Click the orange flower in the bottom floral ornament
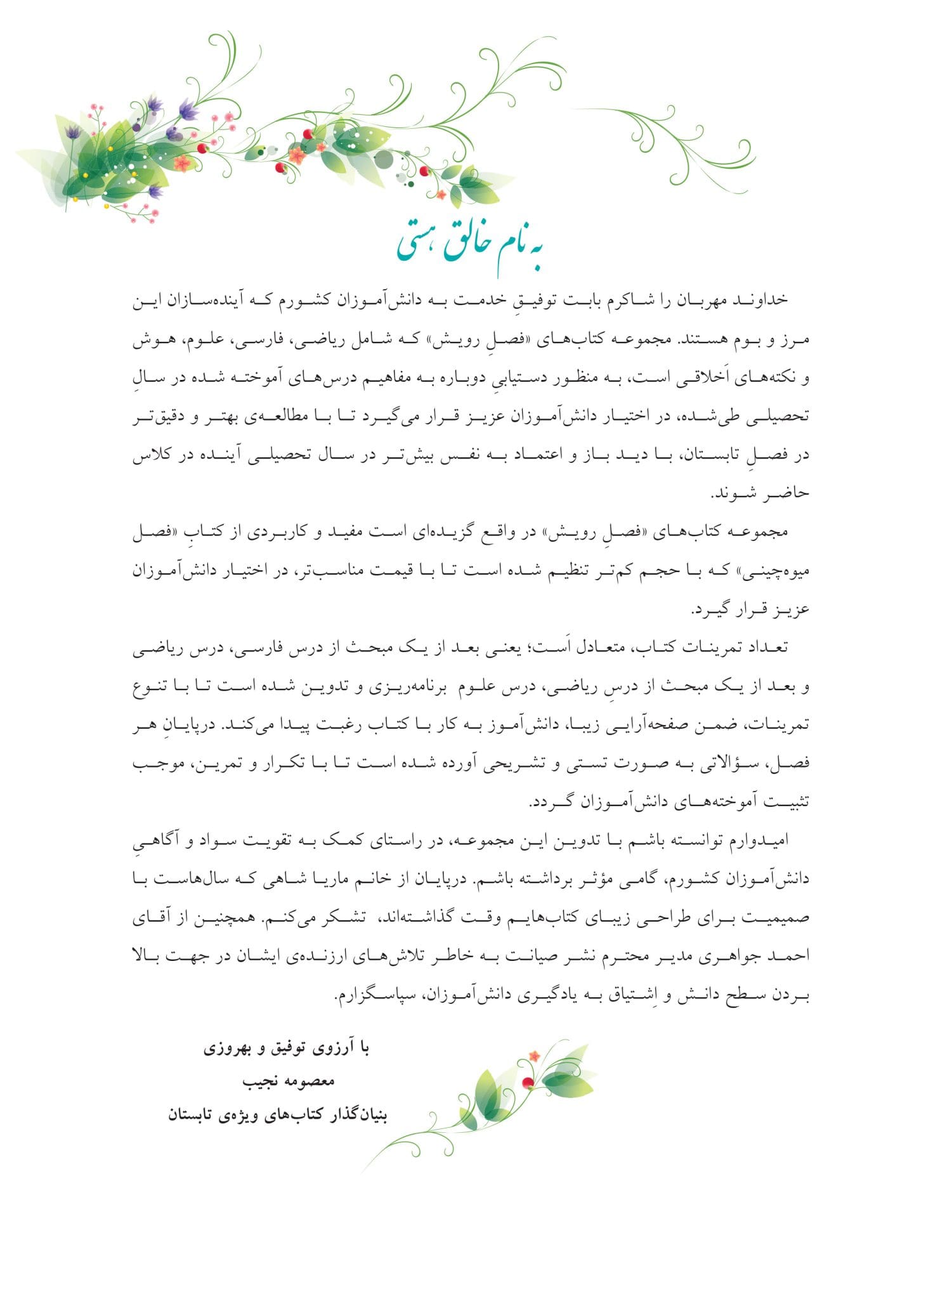(534, 1056)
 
